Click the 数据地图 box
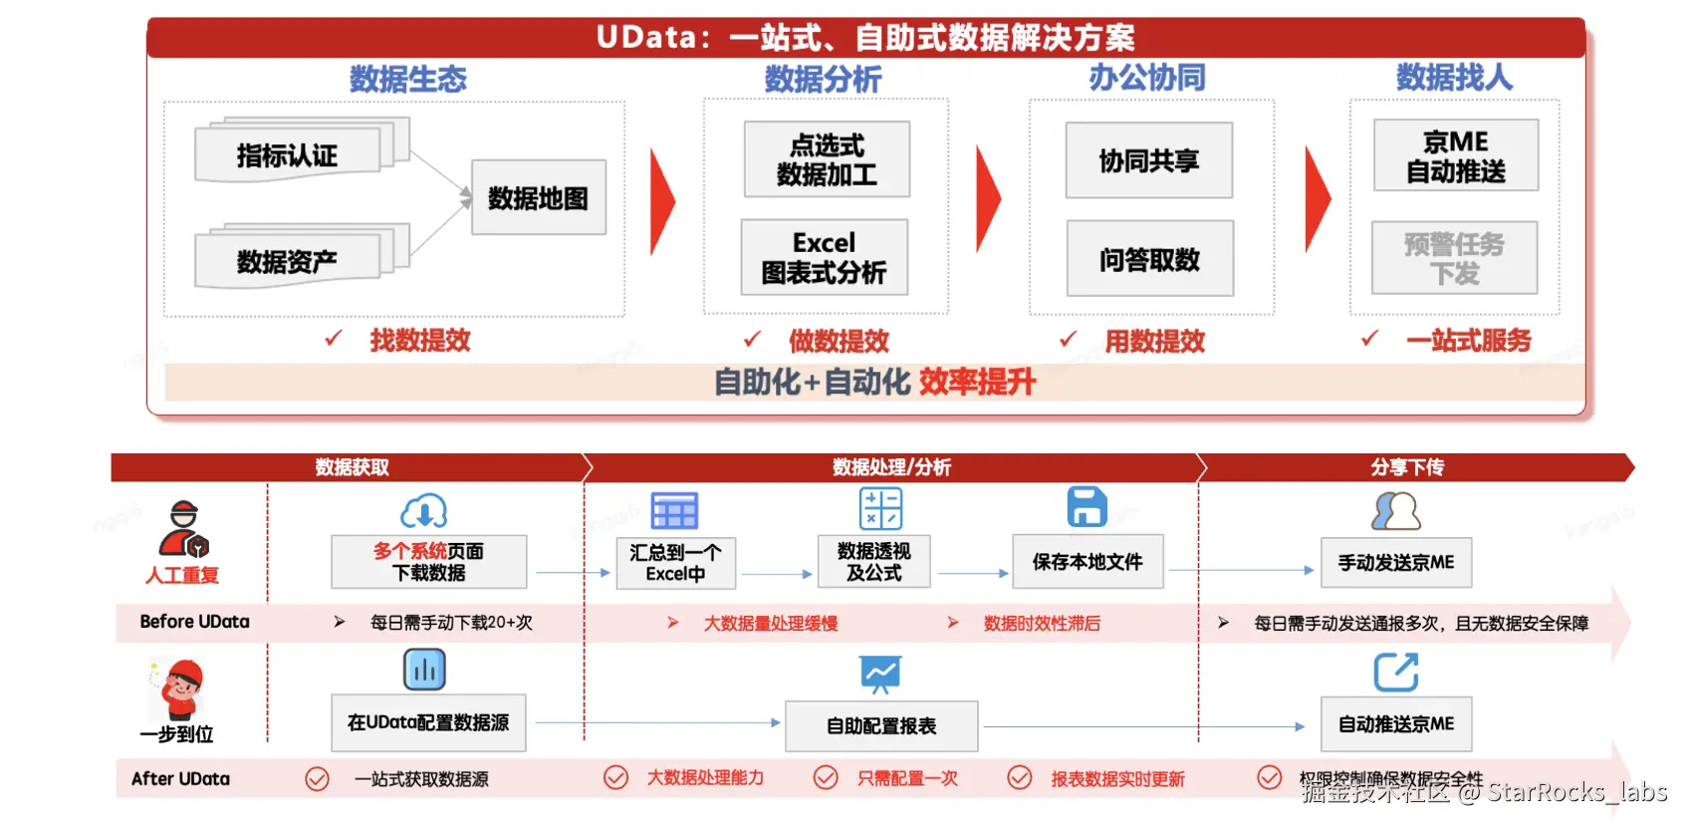[x=538, y=198]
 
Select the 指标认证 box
[x=288, y=155]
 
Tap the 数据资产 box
[x=288, y=261]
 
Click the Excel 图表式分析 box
[x=824, y=258]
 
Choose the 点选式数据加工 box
[x=827, y=159]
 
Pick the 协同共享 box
[x=1148, y=160]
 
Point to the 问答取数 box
[x=1149, y=259]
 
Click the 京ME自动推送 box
[x=1455, y=156]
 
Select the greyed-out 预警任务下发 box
[x=1454, y=258]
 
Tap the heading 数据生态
[x=407, y=79]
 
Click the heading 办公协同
[x=1146, y=77]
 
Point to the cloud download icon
[x=424, y=511]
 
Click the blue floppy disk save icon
[x=1087, y=507]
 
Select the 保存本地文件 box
[x=1087, y=562]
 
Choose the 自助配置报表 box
[x=881, y=725]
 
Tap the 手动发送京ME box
[x=1395, y=563]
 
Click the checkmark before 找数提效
[x=334, y=339]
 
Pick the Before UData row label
[x=194, y=622]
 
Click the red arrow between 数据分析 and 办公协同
[x=988, y=199]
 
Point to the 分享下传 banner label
[x=1406, y=467]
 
